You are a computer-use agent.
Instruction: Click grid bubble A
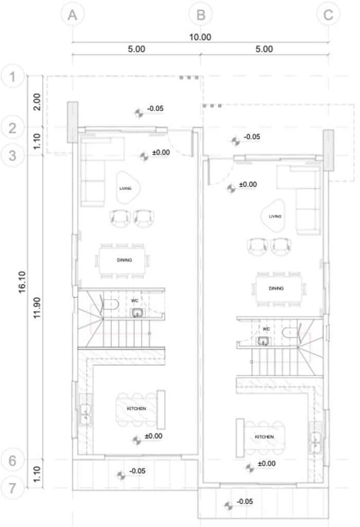(x=73, y=15)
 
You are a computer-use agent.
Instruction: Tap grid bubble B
(x=201, y=15)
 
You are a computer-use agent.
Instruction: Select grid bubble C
(x=328, y=15)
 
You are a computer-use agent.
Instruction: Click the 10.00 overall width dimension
(x=200, y=37)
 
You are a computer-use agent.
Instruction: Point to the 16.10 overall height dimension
(x=22, y=283)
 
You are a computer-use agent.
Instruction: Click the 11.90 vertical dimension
(x=37, y=308)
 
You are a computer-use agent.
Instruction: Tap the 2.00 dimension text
(x=37, y=102)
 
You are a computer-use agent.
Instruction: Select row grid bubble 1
(x=13, y=76)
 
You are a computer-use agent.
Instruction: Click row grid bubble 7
(x=13, y=488)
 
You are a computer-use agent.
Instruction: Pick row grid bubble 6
(x=13, y=461)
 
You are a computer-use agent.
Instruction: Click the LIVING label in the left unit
(x=125, y=188)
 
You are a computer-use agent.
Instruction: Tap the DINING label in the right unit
(x=276, y=288)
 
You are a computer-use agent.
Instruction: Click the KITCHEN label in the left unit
(x=136, y=408)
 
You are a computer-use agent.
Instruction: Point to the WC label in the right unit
(x=266, y=329)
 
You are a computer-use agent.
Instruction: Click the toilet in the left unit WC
(x=111, y=305)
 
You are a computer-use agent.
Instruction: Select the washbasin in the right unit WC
(x=263, y=341)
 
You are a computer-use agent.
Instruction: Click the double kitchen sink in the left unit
(x=85, y=414)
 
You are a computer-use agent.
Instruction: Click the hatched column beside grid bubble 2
(x=73, y=122)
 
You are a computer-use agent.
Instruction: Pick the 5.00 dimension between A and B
(x=136, y=49)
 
